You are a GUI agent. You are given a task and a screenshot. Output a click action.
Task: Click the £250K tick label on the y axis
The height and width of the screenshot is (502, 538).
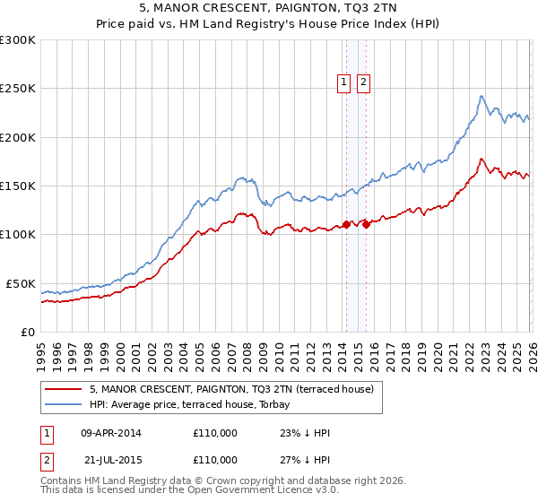point(18,89)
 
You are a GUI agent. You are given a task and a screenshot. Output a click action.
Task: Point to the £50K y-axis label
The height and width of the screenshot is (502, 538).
point(21,283)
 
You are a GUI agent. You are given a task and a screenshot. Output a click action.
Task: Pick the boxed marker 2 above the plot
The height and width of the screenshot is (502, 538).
point(363,82)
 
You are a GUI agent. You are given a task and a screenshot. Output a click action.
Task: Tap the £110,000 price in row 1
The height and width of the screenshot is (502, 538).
point(215,433)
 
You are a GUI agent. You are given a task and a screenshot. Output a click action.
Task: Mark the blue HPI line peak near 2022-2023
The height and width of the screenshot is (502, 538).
point(482,96)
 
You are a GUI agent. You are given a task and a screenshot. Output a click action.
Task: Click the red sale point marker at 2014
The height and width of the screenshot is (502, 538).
point(346,225)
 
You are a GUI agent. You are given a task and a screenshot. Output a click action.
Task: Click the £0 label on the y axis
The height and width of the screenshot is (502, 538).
point(27,332)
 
